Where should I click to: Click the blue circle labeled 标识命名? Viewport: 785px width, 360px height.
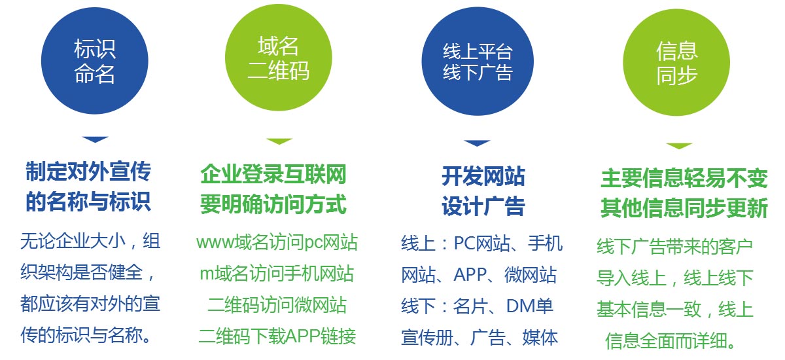[x=95, y=61]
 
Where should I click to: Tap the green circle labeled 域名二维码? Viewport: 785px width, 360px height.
[x=279, y=58]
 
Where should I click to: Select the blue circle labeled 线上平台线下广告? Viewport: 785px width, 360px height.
[x=478, y=62]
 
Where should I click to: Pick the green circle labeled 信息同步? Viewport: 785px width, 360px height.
[x=676, y=62]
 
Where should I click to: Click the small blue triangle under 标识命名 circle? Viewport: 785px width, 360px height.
[x=95, y=139]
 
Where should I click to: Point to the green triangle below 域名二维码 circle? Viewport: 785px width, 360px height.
[x=279, y=141]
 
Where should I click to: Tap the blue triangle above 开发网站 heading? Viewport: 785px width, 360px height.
[x=477, y=143]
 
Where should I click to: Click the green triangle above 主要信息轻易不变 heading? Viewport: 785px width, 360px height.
[x=679, y=146]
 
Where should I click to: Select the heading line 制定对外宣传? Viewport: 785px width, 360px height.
[x=88, y=171]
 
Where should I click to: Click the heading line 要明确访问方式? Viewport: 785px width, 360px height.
[x=273, y=204]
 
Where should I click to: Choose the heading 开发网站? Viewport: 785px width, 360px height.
[x=483, y=176]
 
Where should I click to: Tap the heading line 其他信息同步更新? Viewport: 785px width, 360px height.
[x=684, y=207]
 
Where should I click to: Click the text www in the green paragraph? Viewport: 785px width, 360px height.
[x=215, y=243]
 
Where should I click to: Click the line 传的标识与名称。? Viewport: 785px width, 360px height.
[x=86, y=335]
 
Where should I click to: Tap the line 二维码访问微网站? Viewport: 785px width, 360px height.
[x=277, y=304]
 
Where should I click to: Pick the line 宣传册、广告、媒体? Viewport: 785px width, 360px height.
[x=480, y=337]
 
